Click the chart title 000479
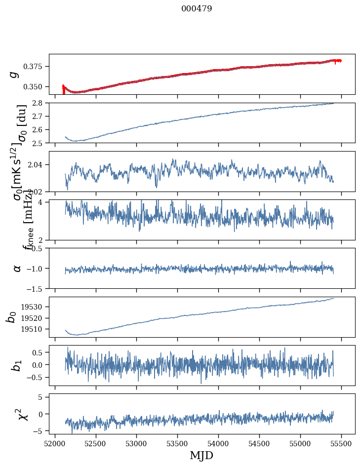pos(197,9)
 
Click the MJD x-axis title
pos(201,455)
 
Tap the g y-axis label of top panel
pos(14,74)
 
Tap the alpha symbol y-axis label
pos(17,268)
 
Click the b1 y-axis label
pos(17,365)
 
